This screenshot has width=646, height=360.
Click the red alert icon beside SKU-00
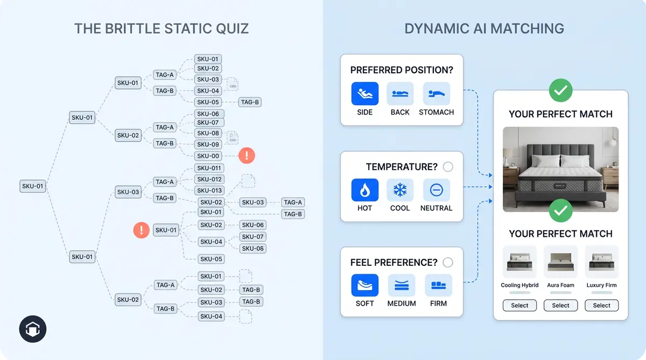(x=247, y=156)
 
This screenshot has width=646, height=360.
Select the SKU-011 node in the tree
(x=209, y=168)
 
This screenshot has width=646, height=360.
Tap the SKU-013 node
(x=209, y=190)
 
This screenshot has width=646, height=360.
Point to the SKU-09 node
(x=208, y=144)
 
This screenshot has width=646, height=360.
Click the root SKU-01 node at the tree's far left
(x=32, y=186)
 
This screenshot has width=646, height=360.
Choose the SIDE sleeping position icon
(x=364, y=94)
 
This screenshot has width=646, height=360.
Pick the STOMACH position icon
(x=436, y=94)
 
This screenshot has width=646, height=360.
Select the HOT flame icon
(x=364, y=190)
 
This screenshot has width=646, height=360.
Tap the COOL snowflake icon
(x=400, y=190)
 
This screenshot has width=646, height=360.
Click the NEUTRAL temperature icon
(x=436, y=190)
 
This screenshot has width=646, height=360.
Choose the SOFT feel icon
(x=364, y=286)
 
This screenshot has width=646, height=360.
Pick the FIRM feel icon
(x=438, y=286)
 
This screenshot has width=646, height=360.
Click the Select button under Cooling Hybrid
(x=519, y=306)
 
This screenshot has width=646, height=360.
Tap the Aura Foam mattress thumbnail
(x=560, y=262)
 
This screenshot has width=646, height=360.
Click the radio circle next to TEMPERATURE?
(x=448, y=167)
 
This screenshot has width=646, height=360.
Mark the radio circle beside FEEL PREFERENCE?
(x=448, y=263)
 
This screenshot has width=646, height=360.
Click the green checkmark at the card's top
(x=560, y=91)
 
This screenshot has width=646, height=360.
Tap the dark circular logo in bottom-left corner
(x=33, y=329)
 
